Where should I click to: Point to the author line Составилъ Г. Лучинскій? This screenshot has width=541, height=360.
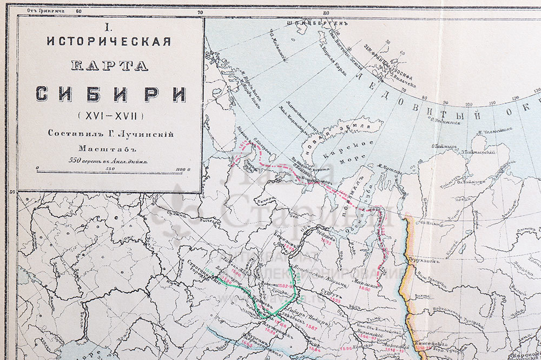click(x=110, y=133)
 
